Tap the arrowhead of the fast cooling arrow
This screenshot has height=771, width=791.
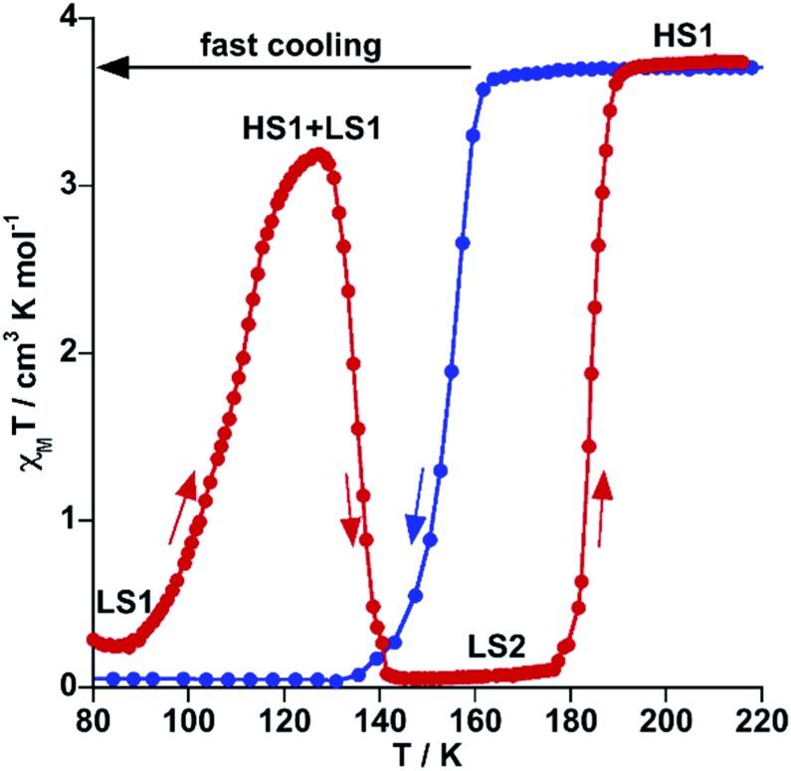pyautogui.click(x=111, y=68)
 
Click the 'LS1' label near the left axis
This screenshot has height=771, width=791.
pyautogui.click(x=125, y=602)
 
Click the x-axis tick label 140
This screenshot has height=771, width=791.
pyautogui.click(x=378, y=716)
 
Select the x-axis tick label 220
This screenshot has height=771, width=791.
pyautogui.click(x=760, y=716)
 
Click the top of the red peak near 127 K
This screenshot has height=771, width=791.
pyautogui.click(x=318, y=153)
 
